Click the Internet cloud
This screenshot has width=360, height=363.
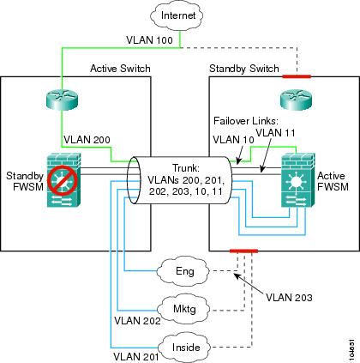(x=177, y=15)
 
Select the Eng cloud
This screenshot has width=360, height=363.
(x=185, y=271)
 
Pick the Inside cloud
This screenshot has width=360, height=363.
(x=186, y=348)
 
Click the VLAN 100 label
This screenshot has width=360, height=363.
(x=150, y=39)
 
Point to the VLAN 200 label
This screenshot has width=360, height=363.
(x=87, y=140)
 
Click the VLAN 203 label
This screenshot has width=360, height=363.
(x=289, y=298)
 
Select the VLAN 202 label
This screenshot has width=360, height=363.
(x=137, y=321)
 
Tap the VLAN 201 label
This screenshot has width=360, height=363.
(x=136, y=357)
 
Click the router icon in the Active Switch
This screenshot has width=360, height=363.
(x=62, y=100)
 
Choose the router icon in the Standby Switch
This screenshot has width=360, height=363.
(x=296, y=100)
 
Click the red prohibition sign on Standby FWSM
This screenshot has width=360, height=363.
(x=63, y=179)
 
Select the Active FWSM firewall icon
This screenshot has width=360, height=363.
(x=298, y=180)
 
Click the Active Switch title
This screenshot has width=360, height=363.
(x=120, y=69)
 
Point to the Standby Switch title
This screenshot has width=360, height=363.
(x=244, y=69)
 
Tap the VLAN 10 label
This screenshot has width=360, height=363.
(x=233, y=140)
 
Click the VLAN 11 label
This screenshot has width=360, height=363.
(x=275, y=133)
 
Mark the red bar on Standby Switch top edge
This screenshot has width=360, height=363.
(x=297, y=76)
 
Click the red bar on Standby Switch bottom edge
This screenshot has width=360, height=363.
(x=243, y=251)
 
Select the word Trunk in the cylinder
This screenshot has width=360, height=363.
(x=185, y=168)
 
